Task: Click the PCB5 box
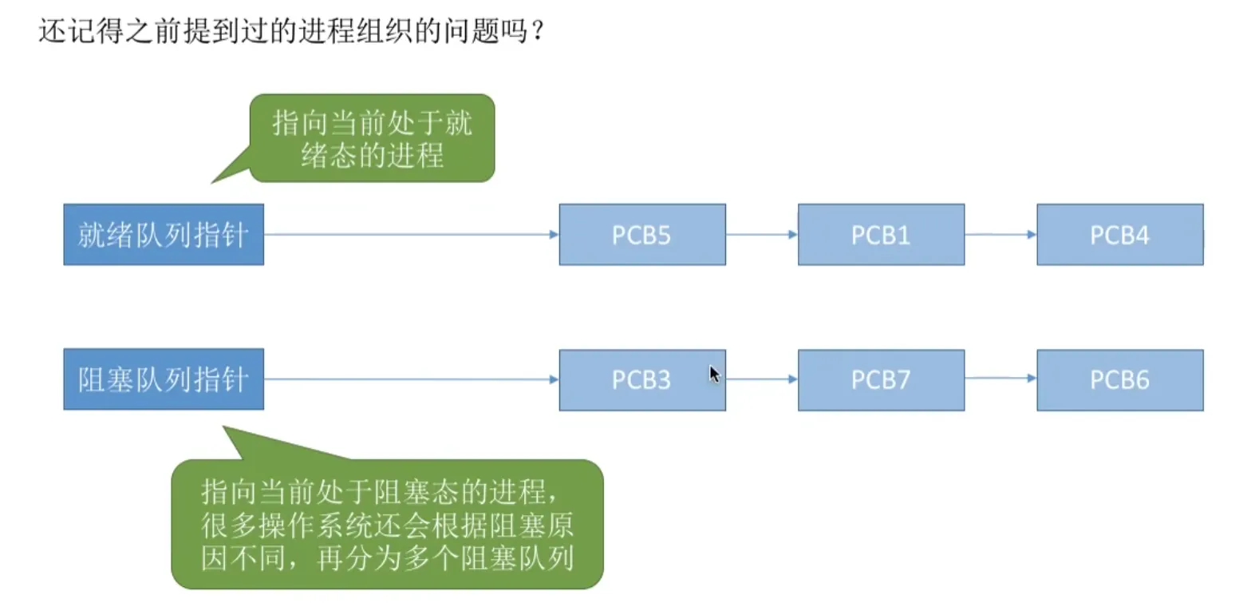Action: tap(641, 235)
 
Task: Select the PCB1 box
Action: tap(881, 235)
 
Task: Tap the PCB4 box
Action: tap(1119, 235)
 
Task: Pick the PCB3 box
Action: tap(641, 380)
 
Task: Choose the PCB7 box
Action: tap(881, 380)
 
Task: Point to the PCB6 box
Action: tap(1119, 380)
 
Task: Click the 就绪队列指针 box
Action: tap(164, 235)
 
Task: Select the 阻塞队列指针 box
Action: tap(164, 379)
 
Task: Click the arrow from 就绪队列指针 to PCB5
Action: tap(411, 235)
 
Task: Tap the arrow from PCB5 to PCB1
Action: tap(762, 235)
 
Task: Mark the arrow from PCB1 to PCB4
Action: tap(1000, 235)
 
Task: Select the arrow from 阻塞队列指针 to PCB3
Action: tap(411, 379)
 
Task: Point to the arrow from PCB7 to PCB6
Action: tap(1000, 379)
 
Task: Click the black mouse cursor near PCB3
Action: tap(714, 374)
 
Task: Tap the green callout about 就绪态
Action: tap(372, 138)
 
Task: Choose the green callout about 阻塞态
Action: tap(387, 524)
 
